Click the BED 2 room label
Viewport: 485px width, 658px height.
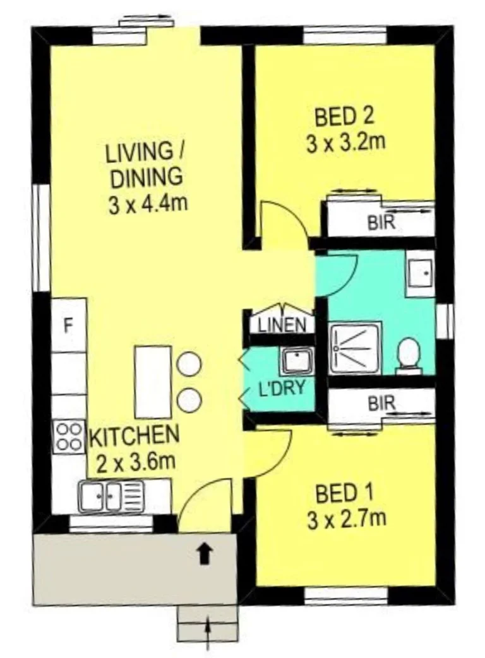point(344,116)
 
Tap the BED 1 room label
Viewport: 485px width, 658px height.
point(344,491)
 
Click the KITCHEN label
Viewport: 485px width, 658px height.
point(135,436)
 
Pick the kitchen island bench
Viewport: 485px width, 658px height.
point(153,382)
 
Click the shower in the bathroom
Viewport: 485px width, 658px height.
point(356,348)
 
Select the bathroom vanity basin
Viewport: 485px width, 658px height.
point(419,274)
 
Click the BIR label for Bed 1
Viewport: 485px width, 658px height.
point(383,401)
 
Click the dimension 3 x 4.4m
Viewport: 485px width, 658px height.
point(149,205)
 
